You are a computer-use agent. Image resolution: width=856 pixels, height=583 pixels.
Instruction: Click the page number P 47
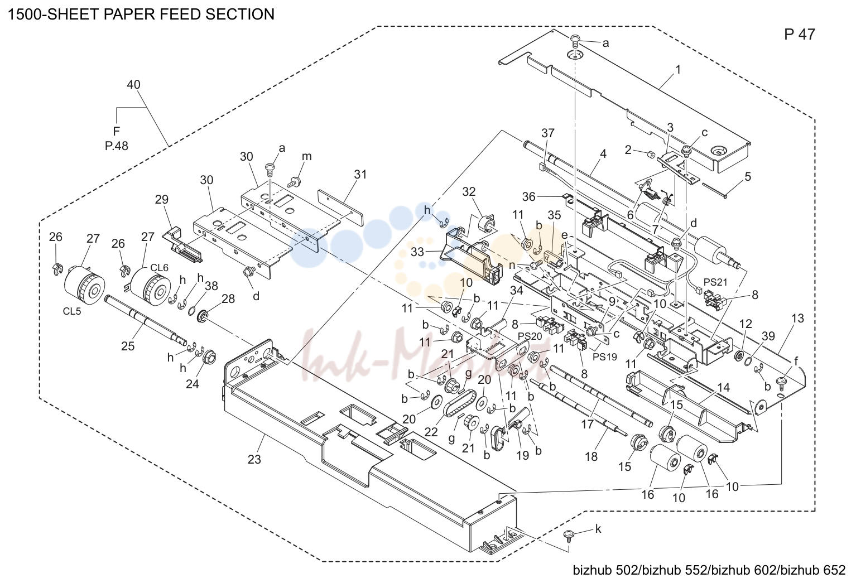(x=800, y=35)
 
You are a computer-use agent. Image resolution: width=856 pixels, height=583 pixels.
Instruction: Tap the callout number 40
(x=133, y=84)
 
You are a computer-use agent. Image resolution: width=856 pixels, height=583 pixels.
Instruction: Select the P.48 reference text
(x=117, y=146)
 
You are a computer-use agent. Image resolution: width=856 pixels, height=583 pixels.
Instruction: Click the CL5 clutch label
(x=72, y=311)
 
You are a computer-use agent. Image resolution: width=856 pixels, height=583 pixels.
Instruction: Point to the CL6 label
(x=160, y=267)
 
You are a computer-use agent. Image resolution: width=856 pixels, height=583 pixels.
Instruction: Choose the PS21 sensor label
(x=716, y=282)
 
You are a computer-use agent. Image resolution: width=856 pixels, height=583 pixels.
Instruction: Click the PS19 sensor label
(x=605, y=357)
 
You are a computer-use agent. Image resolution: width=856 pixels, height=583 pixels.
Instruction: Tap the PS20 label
(x=530, y=336)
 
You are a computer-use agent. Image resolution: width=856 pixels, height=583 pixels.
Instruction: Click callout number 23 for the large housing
(x=254, y=459)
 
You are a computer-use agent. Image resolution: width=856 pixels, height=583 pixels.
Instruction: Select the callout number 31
(x=360, y=174)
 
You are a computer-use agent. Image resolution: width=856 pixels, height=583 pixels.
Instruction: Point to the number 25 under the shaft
(x=128, y=346)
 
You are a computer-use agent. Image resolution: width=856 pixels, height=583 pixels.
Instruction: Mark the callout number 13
(x=797, y=318)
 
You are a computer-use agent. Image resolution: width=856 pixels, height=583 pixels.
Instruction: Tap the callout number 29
(x=162, y=199)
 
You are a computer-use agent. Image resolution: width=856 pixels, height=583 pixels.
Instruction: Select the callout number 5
(x=748, y=176)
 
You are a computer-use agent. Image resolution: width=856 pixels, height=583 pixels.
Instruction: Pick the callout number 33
(x=418, y=252)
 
